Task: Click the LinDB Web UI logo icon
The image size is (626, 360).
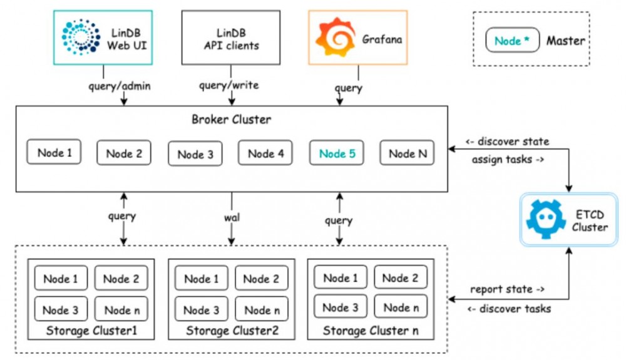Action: coord(81,37)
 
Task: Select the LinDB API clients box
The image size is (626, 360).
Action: coord(231,38)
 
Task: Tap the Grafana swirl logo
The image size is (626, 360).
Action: coord(334,38)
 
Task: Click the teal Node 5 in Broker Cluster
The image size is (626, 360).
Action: coord(337,153)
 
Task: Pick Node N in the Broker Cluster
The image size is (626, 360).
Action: coord(407,153)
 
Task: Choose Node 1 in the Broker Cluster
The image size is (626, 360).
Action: coord(54,152)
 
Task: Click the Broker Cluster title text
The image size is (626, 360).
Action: coord(231,120)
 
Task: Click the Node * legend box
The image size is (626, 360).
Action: coord(511,41)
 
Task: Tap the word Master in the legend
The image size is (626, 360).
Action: coord(565,41)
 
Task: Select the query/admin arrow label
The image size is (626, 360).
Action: coord(120,85)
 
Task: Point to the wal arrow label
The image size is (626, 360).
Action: coord(232,219)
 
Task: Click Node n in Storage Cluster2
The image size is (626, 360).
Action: coord(262,309)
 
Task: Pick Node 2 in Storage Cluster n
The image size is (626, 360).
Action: coord(400,277)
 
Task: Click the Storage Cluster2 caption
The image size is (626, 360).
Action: coord(232,331)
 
